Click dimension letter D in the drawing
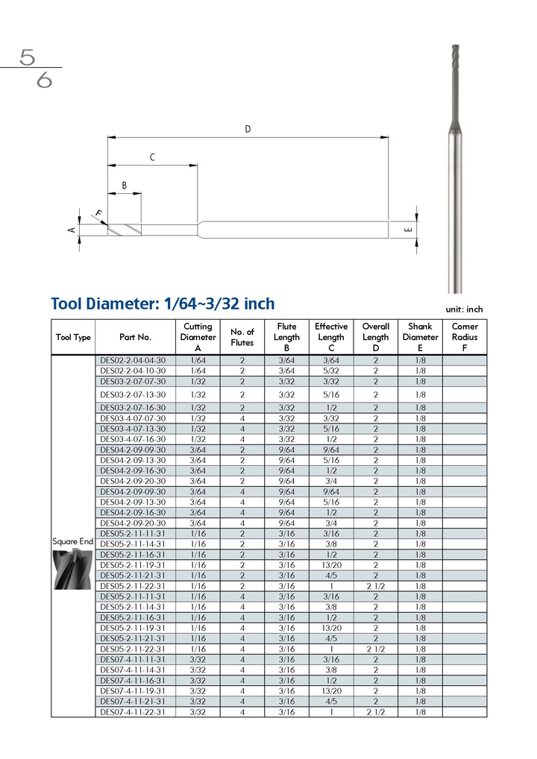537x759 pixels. coord(248,129)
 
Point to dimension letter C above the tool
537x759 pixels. coord(152,157)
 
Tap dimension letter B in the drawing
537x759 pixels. coord(125,186)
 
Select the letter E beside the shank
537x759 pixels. coord(409,230)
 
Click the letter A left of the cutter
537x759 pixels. coord(72,230)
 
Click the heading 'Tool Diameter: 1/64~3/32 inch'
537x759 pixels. coord(163,304)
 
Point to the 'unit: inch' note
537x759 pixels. coord(464,309)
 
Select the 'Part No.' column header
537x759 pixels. coord(135,337)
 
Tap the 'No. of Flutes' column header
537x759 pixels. coord(242,337)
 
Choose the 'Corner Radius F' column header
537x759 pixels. coord(465,337)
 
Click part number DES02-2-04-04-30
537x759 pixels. coord(133,360)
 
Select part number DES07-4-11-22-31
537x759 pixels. coord(133,712)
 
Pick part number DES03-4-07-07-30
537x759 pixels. coord(133,419)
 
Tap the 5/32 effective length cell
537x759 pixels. coord(331,371)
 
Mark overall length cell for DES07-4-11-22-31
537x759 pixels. coord(376,712)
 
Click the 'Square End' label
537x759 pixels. coord(72,541)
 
